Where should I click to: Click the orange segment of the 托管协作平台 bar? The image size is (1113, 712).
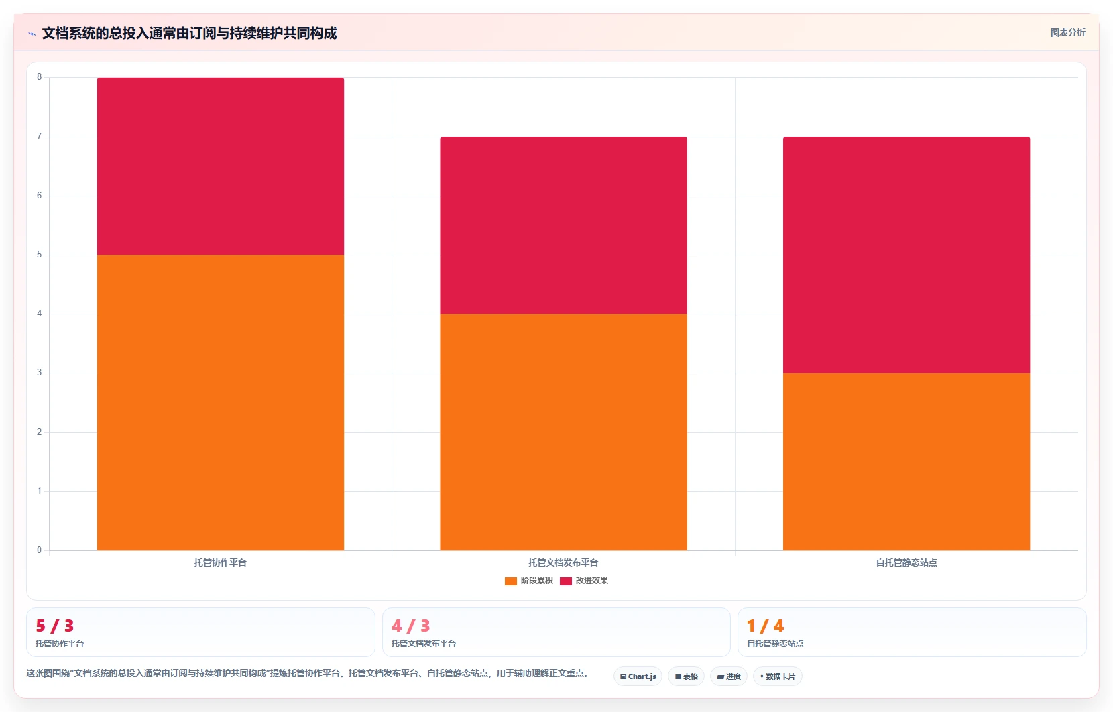220,402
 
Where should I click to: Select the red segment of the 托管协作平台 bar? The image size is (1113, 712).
220,166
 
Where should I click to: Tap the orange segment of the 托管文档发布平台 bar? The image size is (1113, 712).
563,432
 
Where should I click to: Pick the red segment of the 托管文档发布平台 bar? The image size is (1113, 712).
563,225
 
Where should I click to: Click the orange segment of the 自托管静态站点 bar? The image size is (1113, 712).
906,461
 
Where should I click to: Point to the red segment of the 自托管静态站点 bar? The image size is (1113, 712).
906,255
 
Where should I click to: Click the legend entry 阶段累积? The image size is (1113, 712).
528,581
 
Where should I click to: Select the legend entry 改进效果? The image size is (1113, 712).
584,581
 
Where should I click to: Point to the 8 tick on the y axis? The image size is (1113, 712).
40,77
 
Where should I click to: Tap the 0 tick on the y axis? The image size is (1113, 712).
40,550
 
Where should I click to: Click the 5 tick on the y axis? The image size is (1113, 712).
40,254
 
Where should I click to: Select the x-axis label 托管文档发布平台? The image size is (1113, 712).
563,562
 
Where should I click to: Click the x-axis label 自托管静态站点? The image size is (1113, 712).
906,562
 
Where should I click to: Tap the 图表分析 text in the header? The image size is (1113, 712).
1068,32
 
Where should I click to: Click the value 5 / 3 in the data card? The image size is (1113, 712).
55,626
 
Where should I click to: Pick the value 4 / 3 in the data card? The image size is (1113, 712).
410,626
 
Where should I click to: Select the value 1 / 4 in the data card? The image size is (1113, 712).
766,626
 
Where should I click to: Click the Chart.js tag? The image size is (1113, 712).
638,676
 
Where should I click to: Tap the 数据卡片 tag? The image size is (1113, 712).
778,676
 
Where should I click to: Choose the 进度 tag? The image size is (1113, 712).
729,676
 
